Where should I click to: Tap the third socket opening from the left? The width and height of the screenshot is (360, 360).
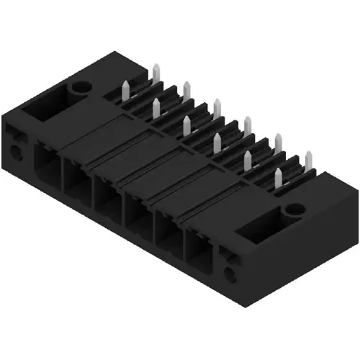point(107,194)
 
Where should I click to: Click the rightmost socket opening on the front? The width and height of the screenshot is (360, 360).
point(199,246)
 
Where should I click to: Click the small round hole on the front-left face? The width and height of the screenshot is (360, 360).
point(14,153)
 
